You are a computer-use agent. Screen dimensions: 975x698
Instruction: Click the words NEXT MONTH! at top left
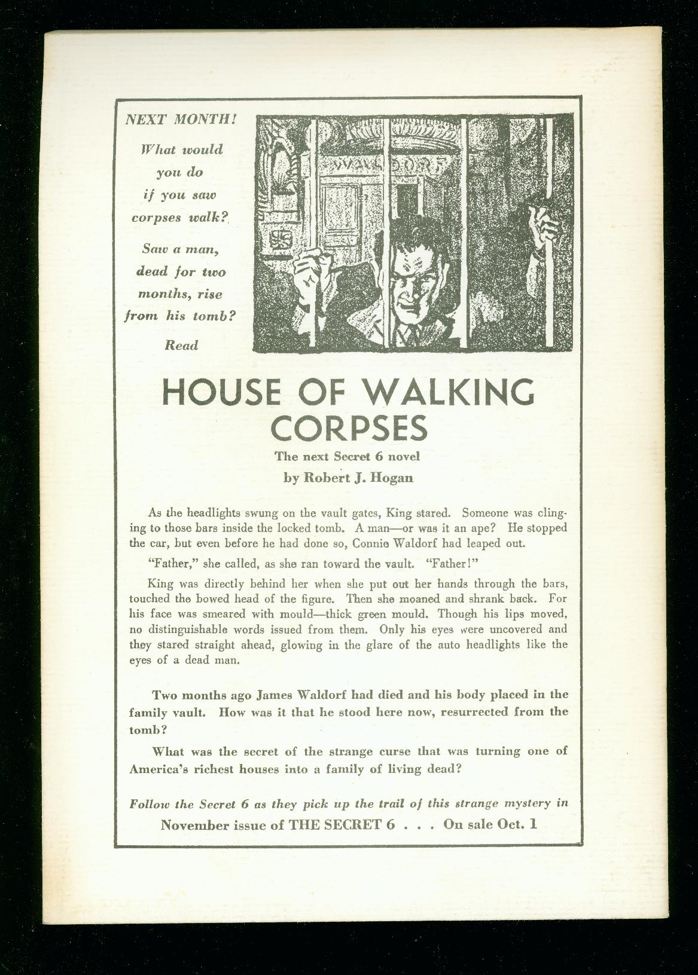click(x=181, y=118)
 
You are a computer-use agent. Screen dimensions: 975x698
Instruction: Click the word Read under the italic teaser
click(x=181, y=346)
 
